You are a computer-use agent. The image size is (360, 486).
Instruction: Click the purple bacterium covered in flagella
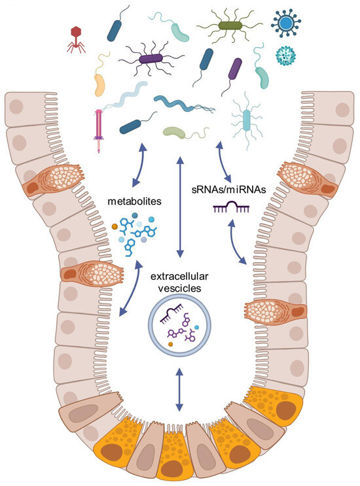coord(151,60)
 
